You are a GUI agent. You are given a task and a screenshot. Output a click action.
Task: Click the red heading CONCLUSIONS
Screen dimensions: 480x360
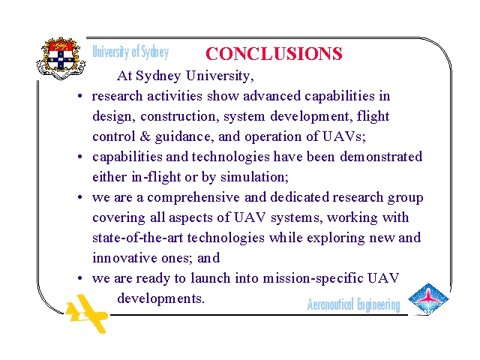(x=274, y=53)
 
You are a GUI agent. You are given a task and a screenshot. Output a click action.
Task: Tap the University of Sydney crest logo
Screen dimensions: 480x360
(x=61, y=58)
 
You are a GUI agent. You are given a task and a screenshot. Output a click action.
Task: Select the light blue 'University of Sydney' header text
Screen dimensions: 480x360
(x=130, y=52)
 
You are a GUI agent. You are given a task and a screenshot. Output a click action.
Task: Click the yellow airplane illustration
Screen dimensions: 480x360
(x=87, y=313)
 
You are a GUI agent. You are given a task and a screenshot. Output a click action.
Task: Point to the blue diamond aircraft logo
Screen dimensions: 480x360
(x=428, y=299)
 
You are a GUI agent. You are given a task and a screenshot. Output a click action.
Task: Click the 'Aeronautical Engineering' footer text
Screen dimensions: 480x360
(x=353, y=305)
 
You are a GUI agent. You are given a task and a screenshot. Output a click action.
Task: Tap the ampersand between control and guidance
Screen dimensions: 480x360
(x=145, y=136)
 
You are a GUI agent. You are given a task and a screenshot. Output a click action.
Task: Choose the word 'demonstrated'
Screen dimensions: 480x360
(x=381, y=157)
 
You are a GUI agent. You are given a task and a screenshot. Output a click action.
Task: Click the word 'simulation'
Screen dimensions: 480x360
(x=254, y=177)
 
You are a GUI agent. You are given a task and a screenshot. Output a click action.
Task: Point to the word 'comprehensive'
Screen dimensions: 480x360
(x=193, y=198)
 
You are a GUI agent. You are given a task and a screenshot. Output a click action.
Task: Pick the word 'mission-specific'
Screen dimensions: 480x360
(x=313, y=279)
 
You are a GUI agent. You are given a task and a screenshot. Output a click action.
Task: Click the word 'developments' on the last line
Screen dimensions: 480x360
(x=160, y=299)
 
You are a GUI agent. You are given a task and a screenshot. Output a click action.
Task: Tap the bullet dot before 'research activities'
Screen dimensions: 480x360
(x=80, y=97)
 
